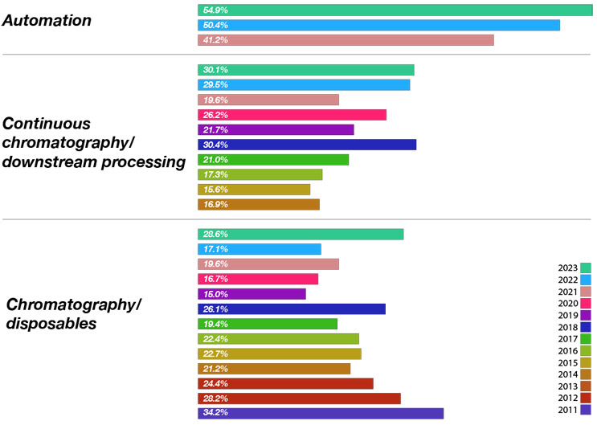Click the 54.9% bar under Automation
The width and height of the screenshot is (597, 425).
pyautogui.click(x=395, y=10)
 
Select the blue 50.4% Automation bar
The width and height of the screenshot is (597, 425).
pyautogui.click(x=378, y=25)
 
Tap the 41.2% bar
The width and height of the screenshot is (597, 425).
pyautogui.click(x=346, y=40)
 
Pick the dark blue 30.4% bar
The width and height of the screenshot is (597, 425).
pyautogui.click(x=307, y=145)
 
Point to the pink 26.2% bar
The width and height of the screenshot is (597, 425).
pyautogui.click(x=292, y=115)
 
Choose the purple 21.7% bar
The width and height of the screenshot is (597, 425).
pyautogui.click(x=276, y=129)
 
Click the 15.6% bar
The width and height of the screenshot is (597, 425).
pyautogui.click(x=254, y=190)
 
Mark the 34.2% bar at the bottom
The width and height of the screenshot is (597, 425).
pyautogui.click(x=321, y=413)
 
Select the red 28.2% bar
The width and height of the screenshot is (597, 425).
pyautogui.click(x=299, y=398)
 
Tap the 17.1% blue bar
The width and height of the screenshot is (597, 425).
pyautogui.click(x=260, y=249)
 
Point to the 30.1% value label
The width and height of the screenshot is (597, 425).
pyautogui.click(x=215, y=70)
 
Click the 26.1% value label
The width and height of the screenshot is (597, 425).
pyautogui.click(x=215, y=309)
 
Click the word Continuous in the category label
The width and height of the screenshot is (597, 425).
pyautogui.click(x=46, y=124)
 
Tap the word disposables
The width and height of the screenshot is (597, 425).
pyautogui.click(x=51, y=324)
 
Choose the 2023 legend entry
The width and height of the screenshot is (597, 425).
pyautogui.click(x=574, y=268)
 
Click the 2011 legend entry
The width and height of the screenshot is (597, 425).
pyautogui.click(x=574, y=410)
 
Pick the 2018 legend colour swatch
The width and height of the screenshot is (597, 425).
pyautogui.click(x=586, y=327)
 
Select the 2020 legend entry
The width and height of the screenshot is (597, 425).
pyautogui.click(x=574, y=304)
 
